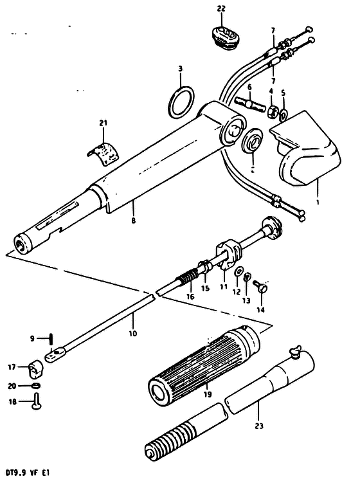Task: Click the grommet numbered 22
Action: click(x=225, y=38)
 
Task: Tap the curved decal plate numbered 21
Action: click(x=104, y=154)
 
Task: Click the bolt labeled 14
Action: click(x=261, y=287)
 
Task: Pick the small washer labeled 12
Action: click(x=238, y=272)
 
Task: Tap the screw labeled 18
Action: click(x=37, y=401)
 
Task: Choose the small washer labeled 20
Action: click(x=36, y=386)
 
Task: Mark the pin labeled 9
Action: click(x=51, y=339)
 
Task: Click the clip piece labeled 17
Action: click(x=36, y=370)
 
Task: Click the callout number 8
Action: click(x=133, y=220)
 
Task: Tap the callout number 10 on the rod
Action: click(x=133, y=333)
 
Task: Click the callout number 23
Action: click(x=259, y=426)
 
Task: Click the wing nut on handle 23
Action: click(x=296, y=352)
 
